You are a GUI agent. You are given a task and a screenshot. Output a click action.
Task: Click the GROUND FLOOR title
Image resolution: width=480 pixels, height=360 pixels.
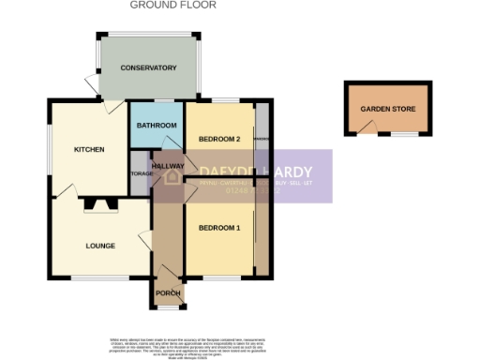(172, 6)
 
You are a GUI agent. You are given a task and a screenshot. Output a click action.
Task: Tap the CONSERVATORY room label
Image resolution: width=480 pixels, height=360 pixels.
(148, 67)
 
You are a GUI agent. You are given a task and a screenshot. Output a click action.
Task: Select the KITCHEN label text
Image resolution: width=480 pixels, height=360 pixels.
(89, 149)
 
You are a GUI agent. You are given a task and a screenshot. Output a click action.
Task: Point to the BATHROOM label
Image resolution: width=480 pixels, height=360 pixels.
(157, 126)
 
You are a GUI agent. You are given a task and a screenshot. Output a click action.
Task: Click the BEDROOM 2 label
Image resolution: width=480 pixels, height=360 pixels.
(220, 139)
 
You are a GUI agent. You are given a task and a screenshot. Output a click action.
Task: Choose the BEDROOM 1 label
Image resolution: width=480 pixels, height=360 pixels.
(218, 228)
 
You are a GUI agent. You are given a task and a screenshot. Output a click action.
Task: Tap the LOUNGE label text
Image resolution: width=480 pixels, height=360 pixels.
(99, 247)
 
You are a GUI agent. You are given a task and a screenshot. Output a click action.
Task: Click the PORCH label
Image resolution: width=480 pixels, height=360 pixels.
(168, 293)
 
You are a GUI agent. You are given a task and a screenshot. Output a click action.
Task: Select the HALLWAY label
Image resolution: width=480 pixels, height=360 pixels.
(168, 166)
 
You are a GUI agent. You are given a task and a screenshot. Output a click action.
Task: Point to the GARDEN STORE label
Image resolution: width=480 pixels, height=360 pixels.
(387, 109)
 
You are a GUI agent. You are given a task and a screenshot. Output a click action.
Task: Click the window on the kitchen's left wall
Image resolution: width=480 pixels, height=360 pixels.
(52, 150)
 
